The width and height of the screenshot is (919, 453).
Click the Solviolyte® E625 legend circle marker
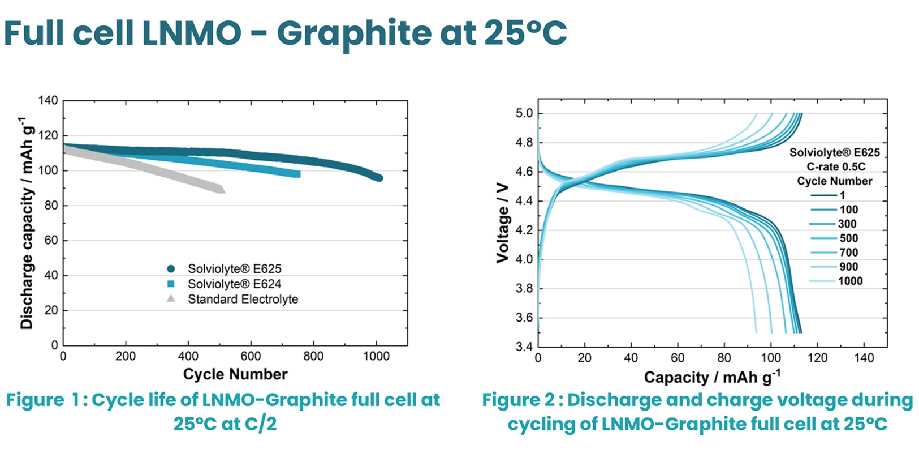point(171,268)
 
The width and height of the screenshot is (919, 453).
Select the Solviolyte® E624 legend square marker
point(171,284)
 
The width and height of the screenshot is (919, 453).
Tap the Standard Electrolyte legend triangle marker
point(171,298)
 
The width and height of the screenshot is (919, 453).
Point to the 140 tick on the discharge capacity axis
point(48,100)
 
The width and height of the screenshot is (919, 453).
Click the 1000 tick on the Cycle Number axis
point(376,356)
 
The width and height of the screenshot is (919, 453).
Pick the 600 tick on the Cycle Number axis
point(251,356)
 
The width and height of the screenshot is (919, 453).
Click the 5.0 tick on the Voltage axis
point(524,113)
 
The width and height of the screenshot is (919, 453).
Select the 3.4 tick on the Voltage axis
point(524,347)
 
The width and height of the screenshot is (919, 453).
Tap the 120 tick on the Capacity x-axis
point(817,358)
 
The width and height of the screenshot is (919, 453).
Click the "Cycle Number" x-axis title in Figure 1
point(235,374)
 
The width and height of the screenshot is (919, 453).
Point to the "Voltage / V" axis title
point(502,223)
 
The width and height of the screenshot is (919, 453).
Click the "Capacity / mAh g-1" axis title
point(712,377)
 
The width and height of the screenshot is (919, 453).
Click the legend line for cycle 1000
point(822,281)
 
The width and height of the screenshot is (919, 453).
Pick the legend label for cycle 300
point(847,224)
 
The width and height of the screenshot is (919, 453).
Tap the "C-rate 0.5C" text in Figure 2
point(835,166)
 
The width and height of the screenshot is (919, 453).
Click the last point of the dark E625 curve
point(378,178)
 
